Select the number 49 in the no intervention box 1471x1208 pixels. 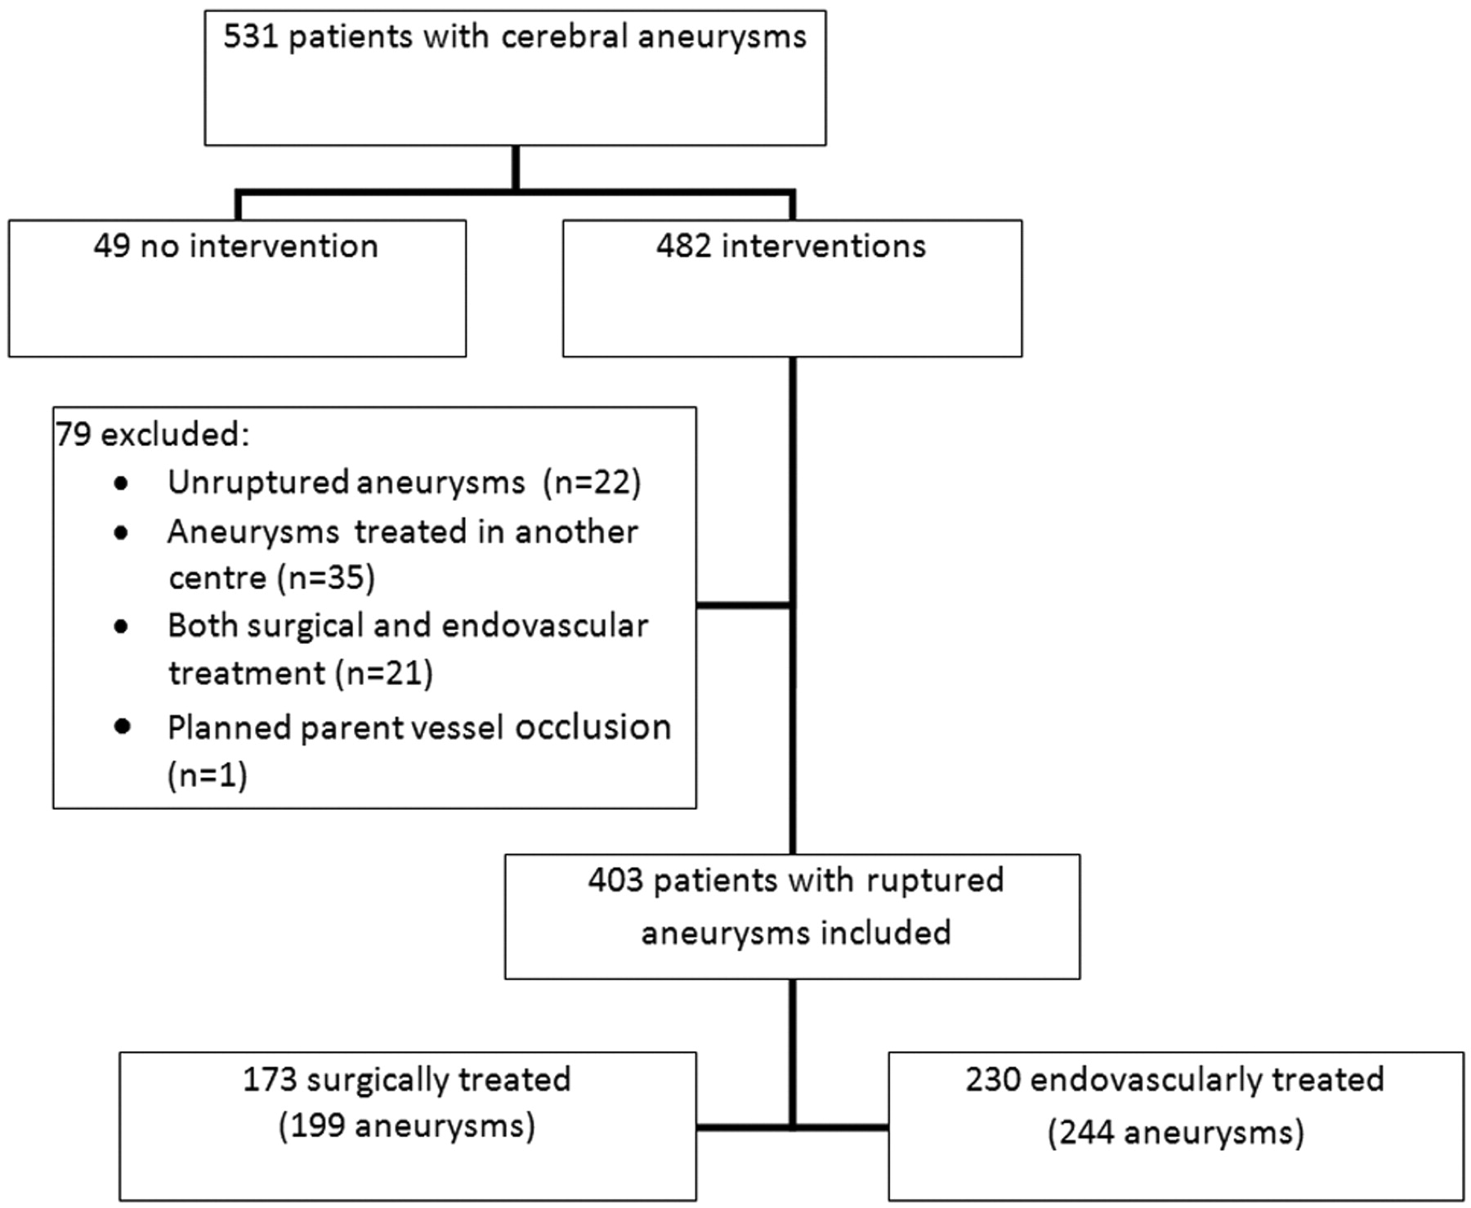(x=111, y=246)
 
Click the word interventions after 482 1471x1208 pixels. (x=824, y=246)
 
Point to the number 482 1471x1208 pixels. (x=683, y=246)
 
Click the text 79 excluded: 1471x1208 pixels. (x=153, y=435)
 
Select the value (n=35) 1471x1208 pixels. (x=326, y=578)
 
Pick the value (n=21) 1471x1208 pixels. (x=384, y=673)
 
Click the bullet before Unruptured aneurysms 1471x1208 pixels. (x=122, y=484)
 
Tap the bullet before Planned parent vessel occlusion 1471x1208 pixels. (x=122, y=726)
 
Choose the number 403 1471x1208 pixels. (x=615, y=881)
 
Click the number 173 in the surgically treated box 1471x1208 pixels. (x=270, y=1080)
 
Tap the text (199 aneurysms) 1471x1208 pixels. (x=407, y=1126)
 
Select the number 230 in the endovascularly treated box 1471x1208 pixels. (x=993, y=1080)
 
